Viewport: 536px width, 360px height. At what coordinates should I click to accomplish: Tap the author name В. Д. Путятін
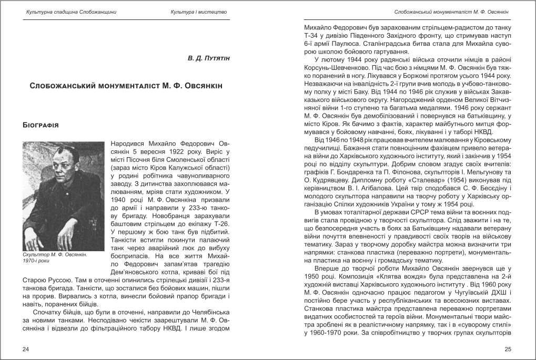pos(209,57)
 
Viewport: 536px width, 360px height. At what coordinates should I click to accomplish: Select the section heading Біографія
pos(41,126)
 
